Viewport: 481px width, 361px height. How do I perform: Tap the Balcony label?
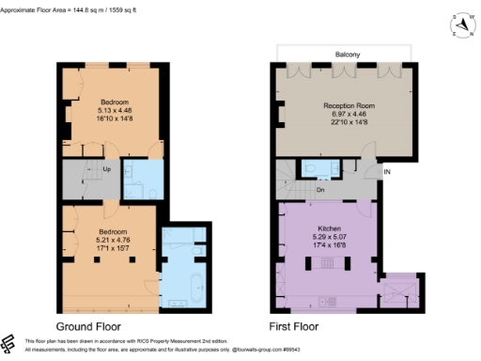point(344,55)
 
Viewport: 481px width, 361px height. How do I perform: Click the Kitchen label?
point(328,228)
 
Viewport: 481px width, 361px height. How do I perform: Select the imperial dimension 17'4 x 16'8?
point(328,244)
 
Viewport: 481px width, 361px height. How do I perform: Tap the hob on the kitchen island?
point(329,302)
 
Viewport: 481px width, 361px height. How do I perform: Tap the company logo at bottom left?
point(10,344)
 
